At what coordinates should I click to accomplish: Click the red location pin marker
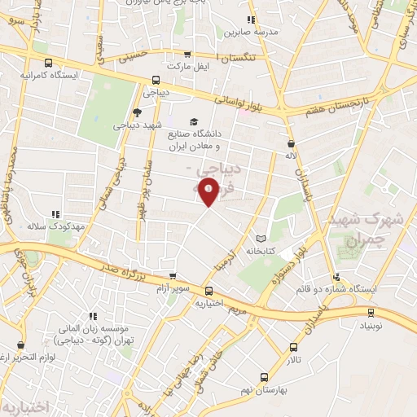(210, 191)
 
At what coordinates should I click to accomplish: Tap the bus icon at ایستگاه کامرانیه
(49, 62)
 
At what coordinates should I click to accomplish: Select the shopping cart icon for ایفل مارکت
(187, 54)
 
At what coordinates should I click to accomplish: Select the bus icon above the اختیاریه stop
(208, 291)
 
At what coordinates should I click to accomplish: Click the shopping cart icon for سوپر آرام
(171, 277)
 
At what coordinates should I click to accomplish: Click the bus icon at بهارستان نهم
(263, 377)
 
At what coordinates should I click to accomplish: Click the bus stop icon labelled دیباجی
(156, 80)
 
